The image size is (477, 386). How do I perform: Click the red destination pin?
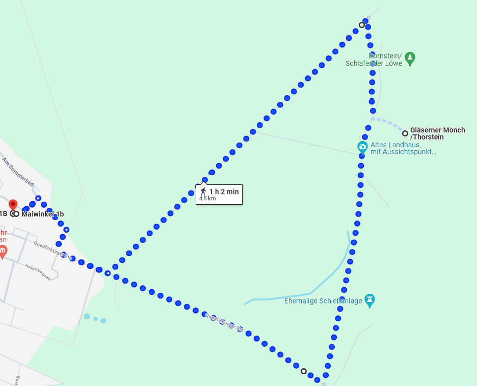[13, 205]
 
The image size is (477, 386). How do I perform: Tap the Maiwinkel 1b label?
[42, 214]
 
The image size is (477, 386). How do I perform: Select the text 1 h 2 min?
[224, 191]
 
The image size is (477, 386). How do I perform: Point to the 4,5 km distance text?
[207, 199]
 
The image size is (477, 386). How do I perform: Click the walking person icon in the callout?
[203, 191]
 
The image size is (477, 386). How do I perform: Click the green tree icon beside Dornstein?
[410, 59]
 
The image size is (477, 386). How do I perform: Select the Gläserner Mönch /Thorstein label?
[437, 133]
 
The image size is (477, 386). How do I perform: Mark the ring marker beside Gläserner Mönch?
[405, 133]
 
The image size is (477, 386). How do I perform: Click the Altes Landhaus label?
[403, 148]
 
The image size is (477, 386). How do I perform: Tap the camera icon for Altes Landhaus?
[362, 148]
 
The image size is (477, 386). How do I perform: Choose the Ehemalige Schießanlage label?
[323, 301]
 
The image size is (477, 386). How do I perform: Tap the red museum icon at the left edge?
[3, 251]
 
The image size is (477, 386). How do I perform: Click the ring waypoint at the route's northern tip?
[362, 25]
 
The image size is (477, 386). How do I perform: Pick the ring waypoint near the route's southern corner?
[304, 371]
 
